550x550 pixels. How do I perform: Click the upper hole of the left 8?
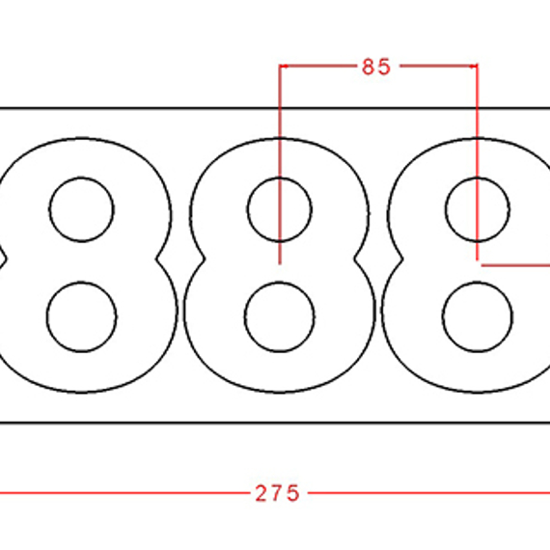(x=82, y=209)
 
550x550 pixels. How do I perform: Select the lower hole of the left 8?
(x=82, y=316)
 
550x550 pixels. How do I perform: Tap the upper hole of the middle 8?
(x=280, y=209)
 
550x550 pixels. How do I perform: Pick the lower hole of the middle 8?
(x=280, y=316)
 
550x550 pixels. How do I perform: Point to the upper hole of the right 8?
(x=477, y=209)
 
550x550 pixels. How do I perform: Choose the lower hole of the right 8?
(x=477, y=316)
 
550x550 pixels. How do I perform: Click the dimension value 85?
(x=375, y=67)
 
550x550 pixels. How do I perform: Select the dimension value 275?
(x=278, y=492)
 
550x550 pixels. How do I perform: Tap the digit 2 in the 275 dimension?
(x=261, y=492)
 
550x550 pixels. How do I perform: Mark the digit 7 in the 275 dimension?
(x=278, y=492)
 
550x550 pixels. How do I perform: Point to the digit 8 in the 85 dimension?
(x=369, y=67)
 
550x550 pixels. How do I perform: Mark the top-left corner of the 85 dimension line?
(x=280, y=66)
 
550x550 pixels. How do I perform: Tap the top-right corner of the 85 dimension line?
(x=478, y=66)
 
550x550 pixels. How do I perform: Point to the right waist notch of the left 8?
(x=160, y=259)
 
